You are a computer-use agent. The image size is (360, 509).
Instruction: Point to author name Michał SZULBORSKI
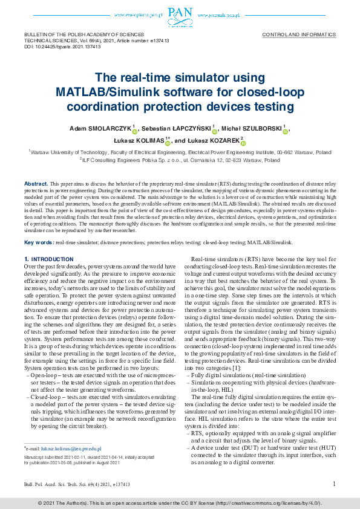point(258,129)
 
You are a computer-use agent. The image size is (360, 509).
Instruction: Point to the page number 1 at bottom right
point(334,484)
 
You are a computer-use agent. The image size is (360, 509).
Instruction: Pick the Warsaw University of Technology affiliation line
point(179,153)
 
